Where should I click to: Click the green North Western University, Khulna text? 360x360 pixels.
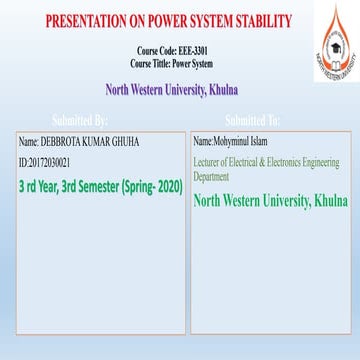pos(270,199)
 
